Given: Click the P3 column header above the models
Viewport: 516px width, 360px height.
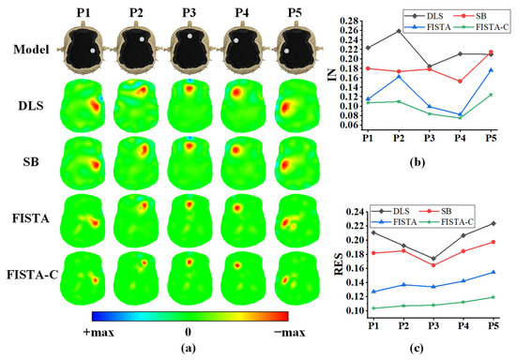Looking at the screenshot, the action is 189,12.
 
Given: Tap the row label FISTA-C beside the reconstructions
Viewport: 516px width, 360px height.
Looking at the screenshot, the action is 32,275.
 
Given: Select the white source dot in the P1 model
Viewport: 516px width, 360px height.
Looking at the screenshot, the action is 93,51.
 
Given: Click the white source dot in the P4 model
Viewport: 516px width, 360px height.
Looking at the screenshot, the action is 235,40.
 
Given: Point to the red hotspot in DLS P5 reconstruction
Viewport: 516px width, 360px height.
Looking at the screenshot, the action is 285,108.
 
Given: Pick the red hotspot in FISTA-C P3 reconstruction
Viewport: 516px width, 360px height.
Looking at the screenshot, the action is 190,262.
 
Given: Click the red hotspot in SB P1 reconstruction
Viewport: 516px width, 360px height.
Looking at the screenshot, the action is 96,164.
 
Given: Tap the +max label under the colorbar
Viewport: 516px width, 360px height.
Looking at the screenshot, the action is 99,333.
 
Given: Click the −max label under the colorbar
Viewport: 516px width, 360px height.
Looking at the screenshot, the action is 290,333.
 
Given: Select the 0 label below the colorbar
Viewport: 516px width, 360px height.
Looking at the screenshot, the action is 188,332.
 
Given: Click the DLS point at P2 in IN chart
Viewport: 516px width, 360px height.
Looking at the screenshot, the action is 399,31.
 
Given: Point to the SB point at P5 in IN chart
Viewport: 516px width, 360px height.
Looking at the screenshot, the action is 491,52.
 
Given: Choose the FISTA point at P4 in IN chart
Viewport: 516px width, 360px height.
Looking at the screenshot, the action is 460,114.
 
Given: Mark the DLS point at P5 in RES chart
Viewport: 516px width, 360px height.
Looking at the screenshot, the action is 493,223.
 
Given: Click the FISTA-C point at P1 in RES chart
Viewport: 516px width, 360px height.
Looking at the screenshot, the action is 373,308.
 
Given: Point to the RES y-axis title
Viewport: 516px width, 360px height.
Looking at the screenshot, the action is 339,264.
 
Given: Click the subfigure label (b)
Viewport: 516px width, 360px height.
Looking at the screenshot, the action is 417,162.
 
